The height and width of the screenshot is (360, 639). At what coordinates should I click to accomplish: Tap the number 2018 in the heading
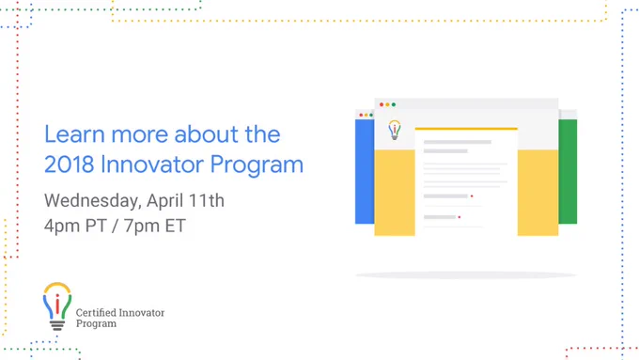click(70, 164)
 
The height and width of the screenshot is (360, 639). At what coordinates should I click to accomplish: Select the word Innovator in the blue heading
click(152, 164)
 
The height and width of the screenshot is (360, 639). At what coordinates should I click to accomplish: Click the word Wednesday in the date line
click(92, 201)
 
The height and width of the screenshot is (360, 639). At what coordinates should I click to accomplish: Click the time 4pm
click(62, 227)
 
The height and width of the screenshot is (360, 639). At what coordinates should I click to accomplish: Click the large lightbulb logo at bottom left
click(57, 305)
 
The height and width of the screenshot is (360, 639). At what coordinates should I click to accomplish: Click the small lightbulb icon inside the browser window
click(395, 130)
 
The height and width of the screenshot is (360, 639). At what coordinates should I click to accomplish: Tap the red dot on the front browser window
click(382, 104)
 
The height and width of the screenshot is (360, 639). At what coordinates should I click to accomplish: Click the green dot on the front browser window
click(394, 104)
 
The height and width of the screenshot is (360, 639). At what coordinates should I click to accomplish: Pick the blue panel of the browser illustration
click(365, 171)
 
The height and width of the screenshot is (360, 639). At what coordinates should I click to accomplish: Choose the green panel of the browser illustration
click(568, 171)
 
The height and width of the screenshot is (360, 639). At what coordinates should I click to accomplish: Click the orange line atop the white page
click(466, 129)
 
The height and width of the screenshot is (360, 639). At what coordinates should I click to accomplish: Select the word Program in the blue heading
click(257, 165)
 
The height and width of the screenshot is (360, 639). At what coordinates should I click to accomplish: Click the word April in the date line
click(163, 201)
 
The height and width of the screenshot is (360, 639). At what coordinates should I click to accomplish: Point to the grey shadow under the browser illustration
click(466, 275)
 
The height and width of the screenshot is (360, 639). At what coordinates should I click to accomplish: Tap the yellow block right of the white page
click(538, 193)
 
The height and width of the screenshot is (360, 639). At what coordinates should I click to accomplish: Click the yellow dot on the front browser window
click(387, 104)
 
